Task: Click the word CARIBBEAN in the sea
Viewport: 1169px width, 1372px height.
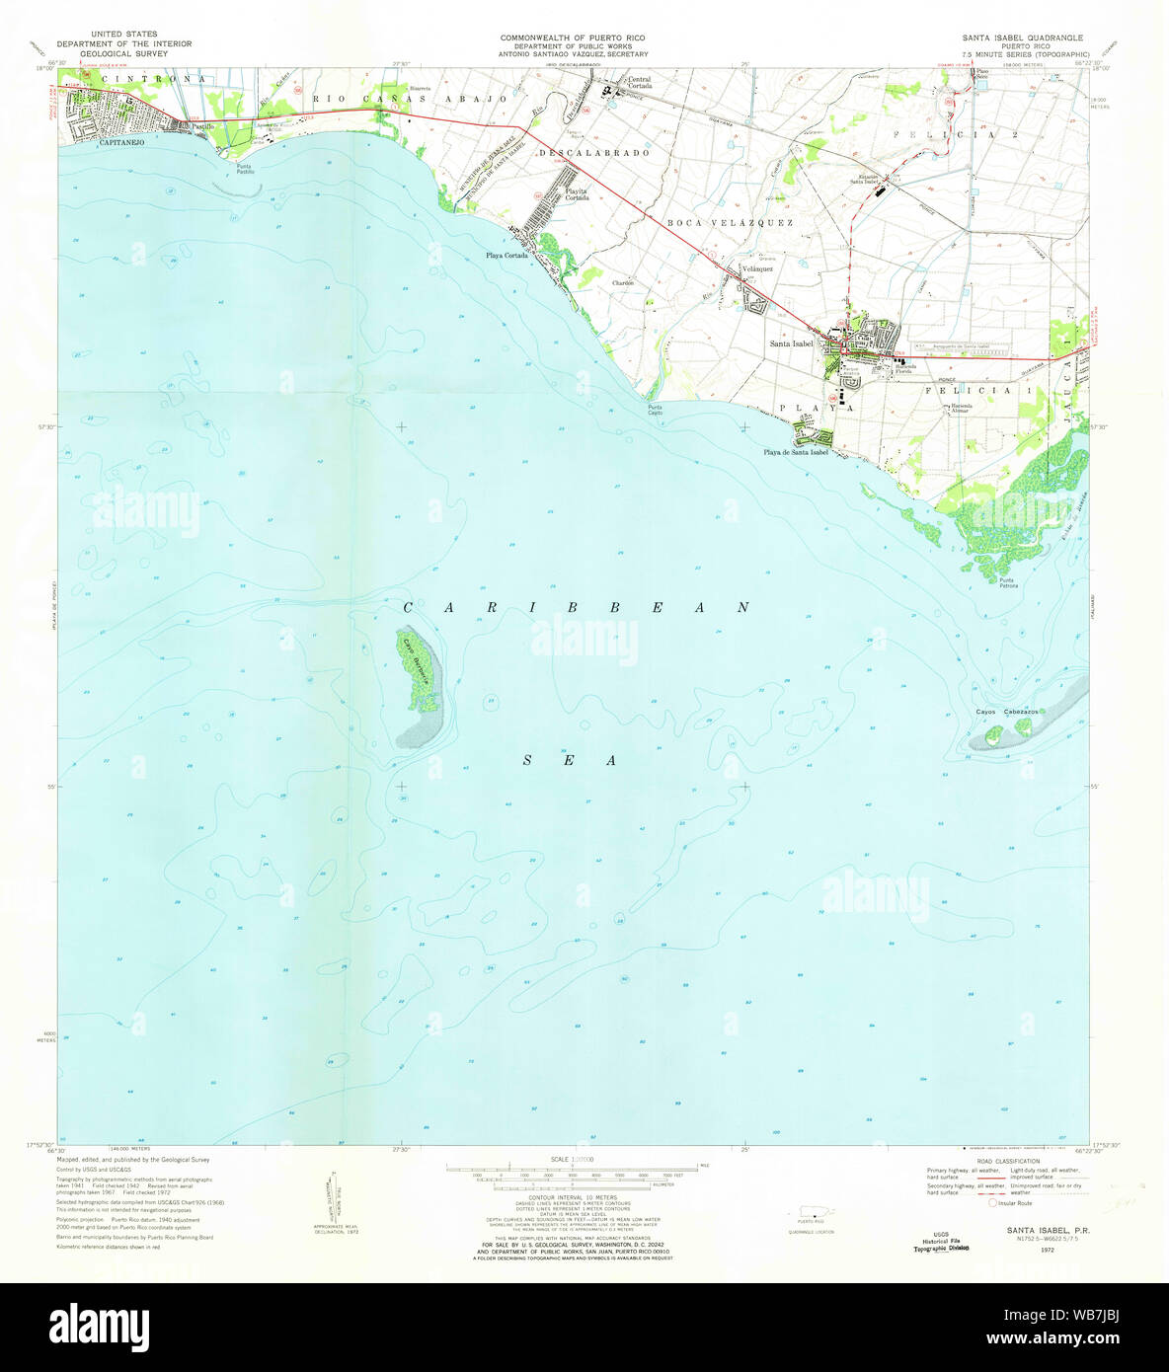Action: [577, 608]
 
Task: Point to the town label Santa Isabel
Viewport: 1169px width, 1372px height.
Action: [792, 343]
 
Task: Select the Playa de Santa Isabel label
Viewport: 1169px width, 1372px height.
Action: [795, 453]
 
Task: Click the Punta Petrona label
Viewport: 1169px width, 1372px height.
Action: [1008, 582]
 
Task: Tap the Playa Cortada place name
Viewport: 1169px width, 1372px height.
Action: [507, 256]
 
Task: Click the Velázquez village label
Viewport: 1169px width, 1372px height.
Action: [756, 268]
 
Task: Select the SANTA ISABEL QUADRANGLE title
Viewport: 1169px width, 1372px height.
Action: [1022, 38]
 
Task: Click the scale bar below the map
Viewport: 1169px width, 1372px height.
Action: [573, 1169]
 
